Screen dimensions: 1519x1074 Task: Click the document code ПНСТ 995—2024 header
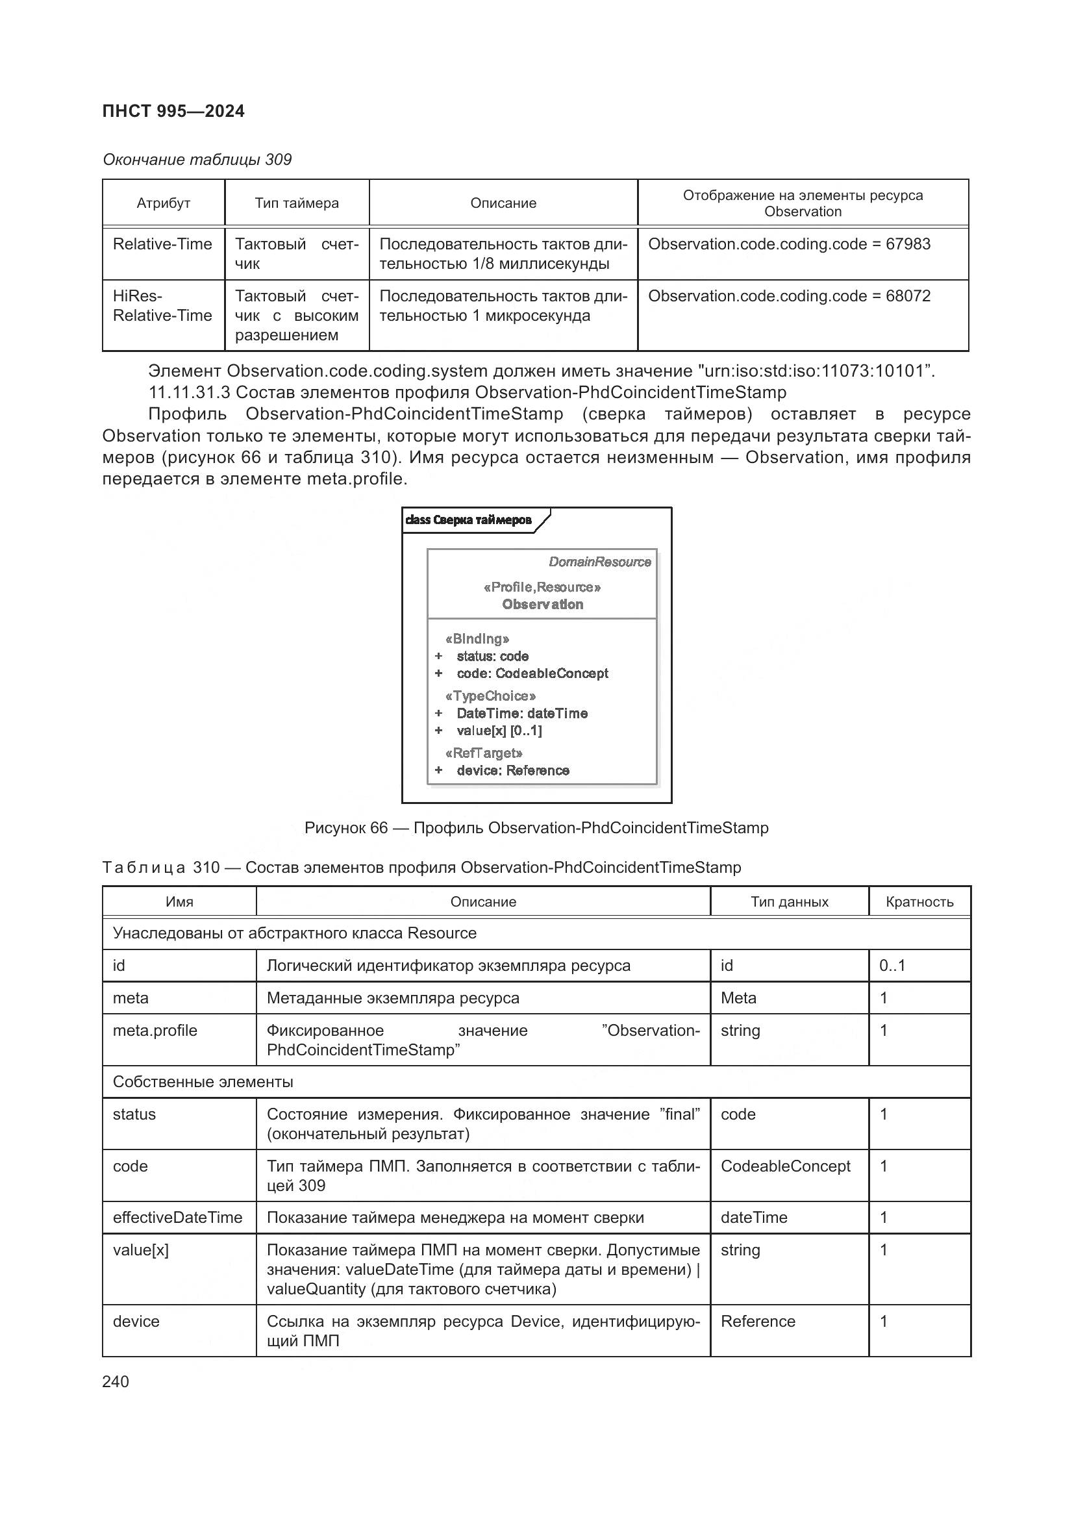point(173,111)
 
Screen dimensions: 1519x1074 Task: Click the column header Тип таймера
point(296,203)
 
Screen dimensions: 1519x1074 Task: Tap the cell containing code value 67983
point(789,244)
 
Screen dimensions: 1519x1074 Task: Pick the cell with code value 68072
point(789,295)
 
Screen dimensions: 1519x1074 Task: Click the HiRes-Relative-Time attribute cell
point(162,306)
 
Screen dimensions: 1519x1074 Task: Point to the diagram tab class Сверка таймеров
point(468,520)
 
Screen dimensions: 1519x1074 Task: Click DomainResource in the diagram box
point(599,562)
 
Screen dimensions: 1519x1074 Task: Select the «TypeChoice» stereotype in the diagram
point(490,696)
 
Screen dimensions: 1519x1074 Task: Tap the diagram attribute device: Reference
point(512,770)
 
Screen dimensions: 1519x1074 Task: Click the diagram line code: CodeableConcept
point(532,673)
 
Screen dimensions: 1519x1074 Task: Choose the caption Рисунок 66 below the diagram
point(536,827)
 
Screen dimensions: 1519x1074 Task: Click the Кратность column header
point(919,902)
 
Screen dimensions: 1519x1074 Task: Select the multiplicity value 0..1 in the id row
point(892,965)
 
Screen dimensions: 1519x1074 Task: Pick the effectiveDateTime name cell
point(177,1217)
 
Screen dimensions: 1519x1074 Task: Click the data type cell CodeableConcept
point(785,1166)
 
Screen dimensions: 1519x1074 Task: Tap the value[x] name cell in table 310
point(140,1249)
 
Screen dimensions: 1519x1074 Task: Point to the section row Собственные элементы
point(203,1082)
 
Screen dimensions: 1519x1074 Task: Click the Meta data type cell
point(738,998)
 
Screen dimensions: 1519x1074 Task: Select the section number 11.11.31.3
point(189,392)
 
